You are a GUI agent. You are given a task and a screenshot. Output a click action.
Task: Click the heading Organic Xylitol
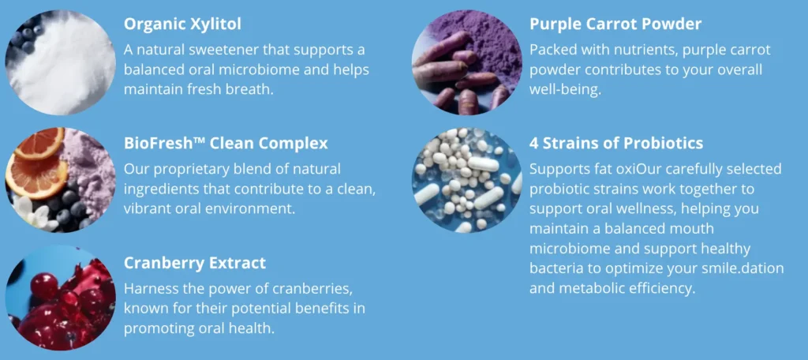coord(182,24)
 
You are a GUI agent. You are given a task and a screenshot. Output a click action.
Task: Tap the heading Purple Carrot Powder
coord(615,24)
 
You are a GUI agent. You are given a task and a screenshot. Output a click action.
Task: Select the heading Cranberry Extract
coord(195,263)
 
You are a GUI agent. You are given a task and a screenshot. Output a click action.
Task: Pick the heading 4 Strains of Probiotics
coord(616,143)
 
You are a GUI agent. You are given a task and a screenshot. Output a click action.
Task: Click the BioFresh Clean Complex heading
coord(226,144)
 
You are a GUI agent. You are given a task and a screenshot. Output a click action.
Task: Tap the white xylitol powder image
coord(60,62)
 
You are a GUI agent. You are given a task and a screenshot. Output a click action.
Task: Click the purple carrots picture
coord(467,62)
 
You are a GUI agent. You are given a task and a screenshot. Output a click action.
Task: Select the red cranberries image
coord(60,298)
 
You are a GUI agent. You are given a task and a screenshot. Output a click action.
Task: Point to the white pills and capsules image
coord(467,180)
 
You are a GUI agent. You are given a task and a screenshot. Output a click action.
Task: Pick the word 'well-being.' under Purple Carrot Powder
coord(565,90)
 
